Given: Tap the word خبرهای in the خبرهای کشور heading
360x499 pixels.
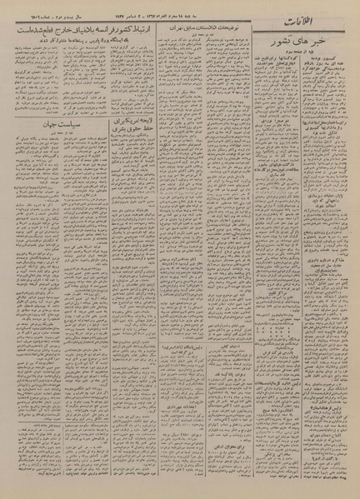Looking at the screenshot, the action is click(x=326, y=40).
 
